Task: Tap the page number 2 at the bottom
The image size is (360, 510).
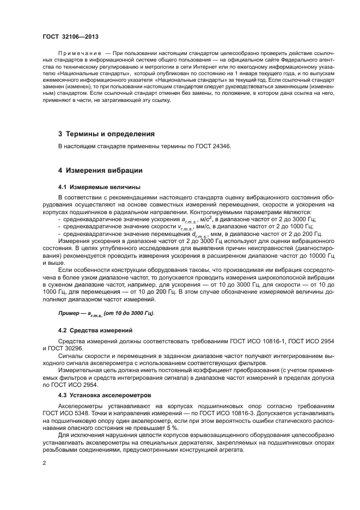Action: (x=44, y=463)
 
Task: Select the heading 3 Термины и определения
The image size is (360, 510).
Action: (x=106, y=133)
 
